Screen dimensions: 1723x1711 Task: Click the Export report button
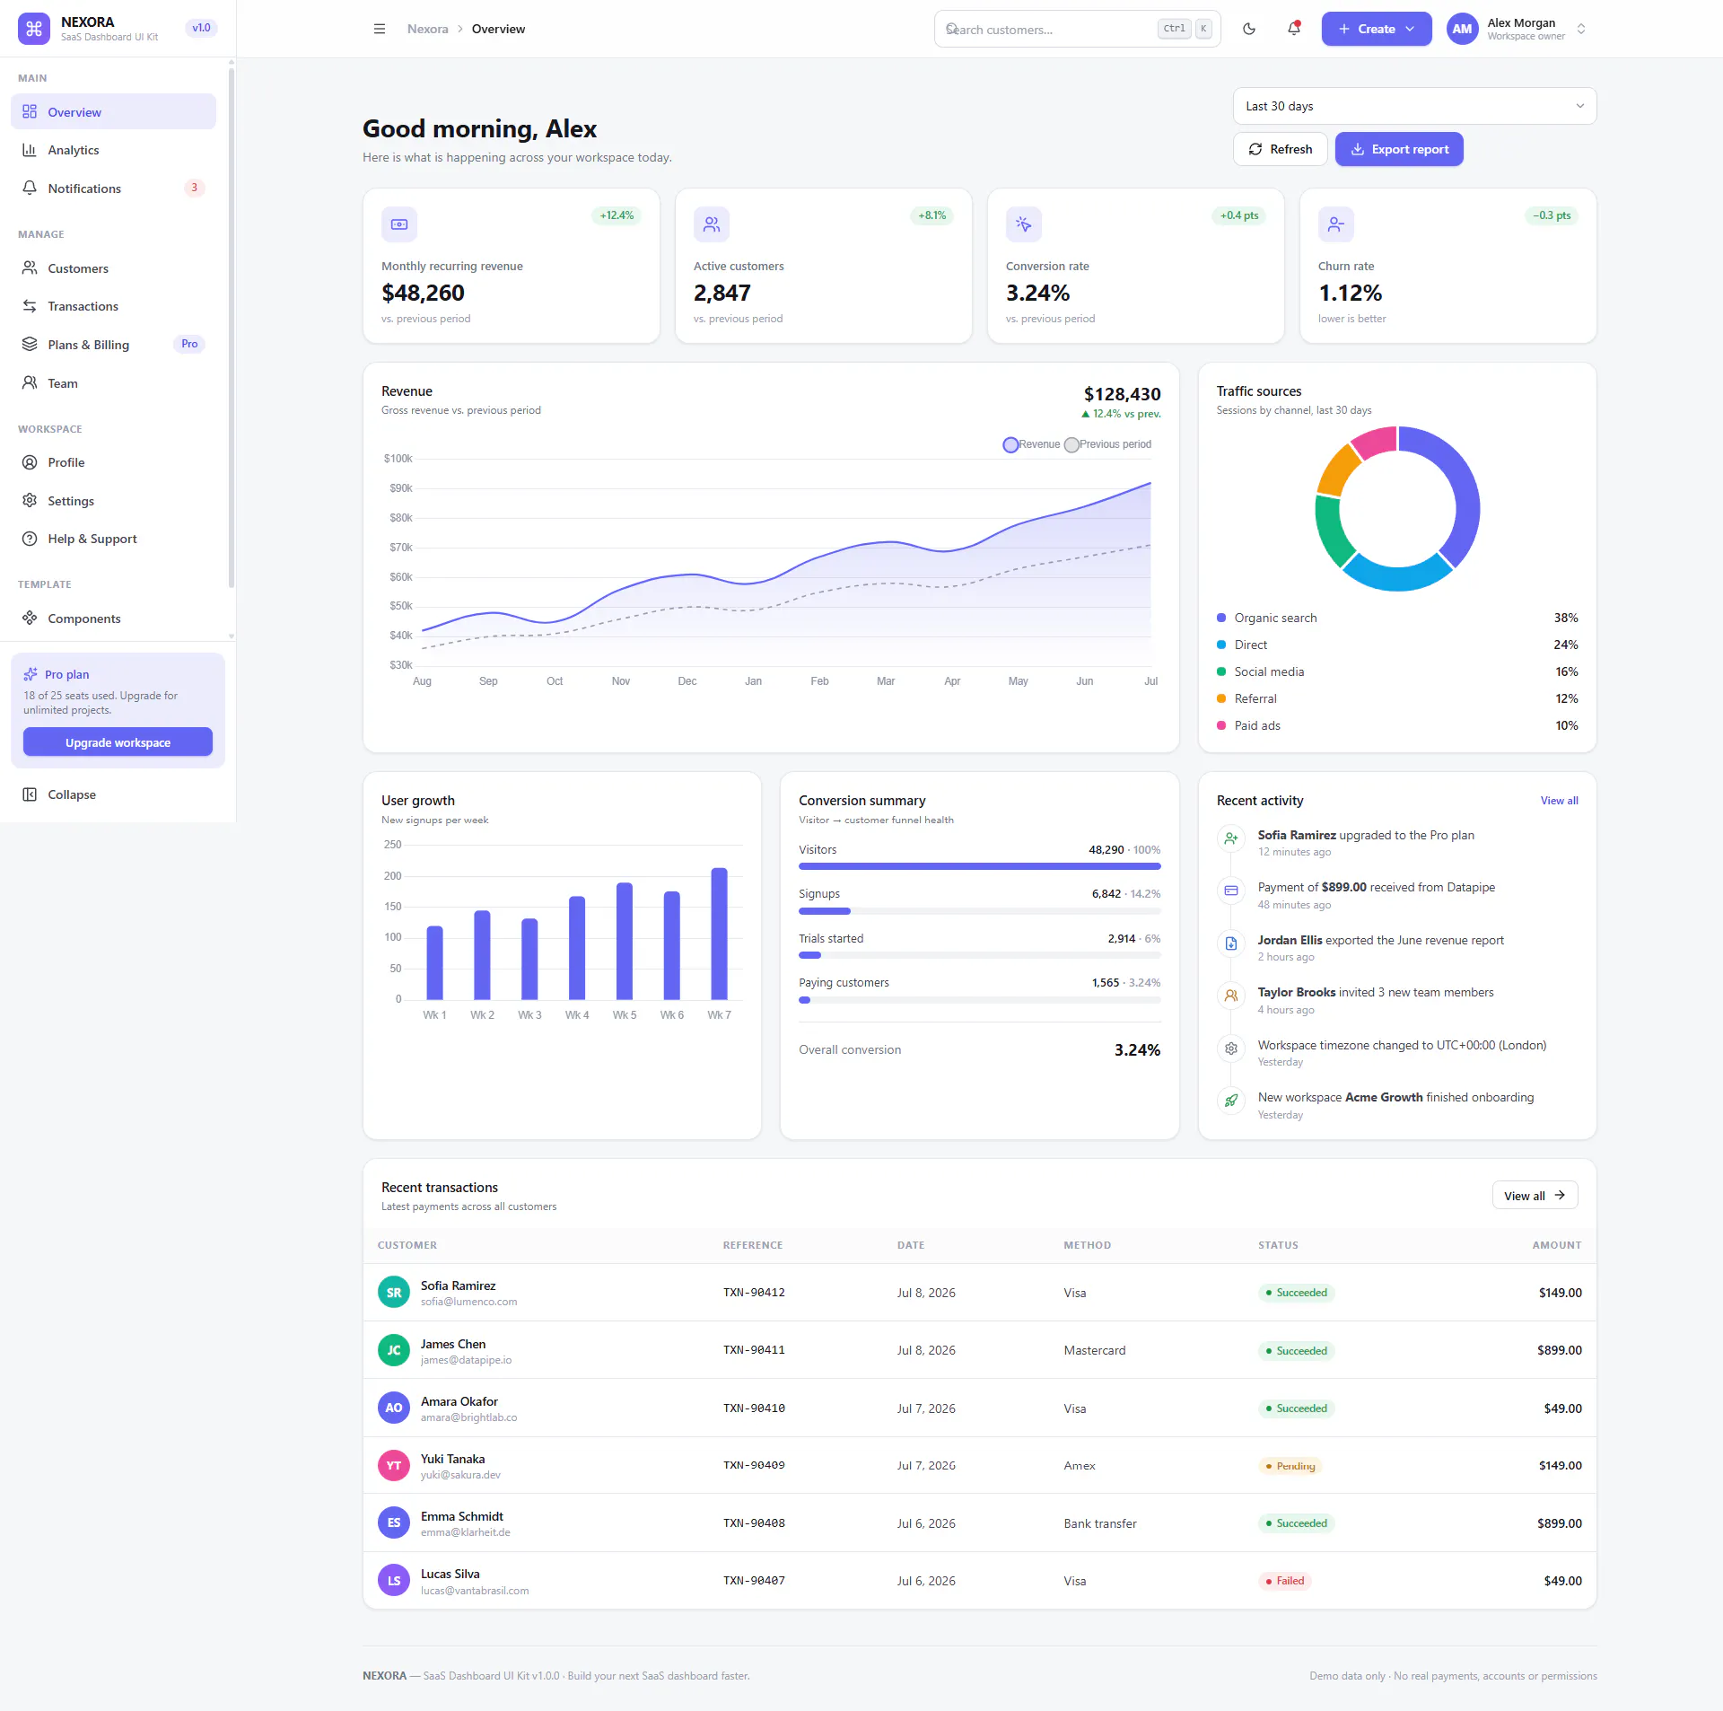(x=1399, y=149)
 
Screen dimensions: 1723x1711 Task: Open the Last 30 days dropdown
(x=1414, y=106)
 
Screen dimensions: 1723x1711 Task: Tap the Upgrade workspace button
(x=118, y=742)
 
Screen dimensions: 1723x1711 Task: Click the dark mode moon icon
(x=1249, y=29)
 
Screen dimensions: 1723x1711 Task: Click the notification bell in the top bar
(x=1294, y=29)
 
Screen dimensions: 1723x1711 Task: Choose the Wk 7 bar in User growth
(x=719, y=934)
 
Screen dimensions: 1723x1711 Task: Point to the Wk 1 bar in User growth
(x=434, y=962)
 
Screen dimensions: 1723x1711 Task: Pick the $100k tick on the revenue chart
(x=398, y=459)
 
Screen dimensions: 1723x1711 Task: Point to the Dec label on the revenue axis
(x=687, y=681)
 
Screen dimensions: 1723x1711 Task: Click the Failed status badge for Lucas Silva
(x=1284, y=1581)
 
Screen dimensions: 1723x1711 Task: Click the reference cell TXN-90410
(x=754, y=1408)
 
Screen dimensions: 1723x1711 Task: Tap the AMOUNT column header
(x=1557, y=1245)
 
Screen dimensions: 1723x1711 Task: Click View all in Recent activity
(x=1559, y=801)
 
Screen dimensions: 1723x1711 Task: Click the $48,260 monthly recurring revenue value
(x=423, y=293)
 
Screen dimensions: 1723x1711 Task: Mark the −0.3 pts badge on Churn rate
(x=1552, y=215)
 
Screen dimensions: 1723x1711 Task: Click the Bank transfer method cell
(x=1100, y=1523)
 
